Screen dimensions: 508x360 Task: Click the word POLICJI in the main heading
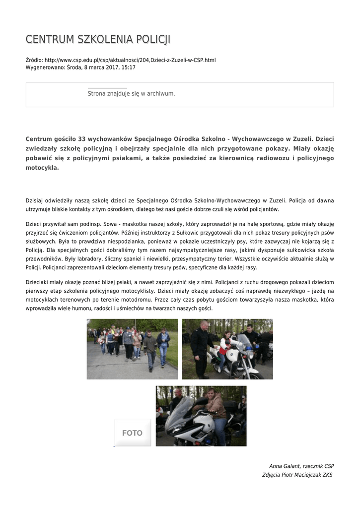click(151, 40)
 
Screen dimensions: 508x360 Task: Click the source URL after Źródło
click(130, 60)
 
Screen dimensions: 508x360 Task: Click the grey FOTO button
click(133, 433)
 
